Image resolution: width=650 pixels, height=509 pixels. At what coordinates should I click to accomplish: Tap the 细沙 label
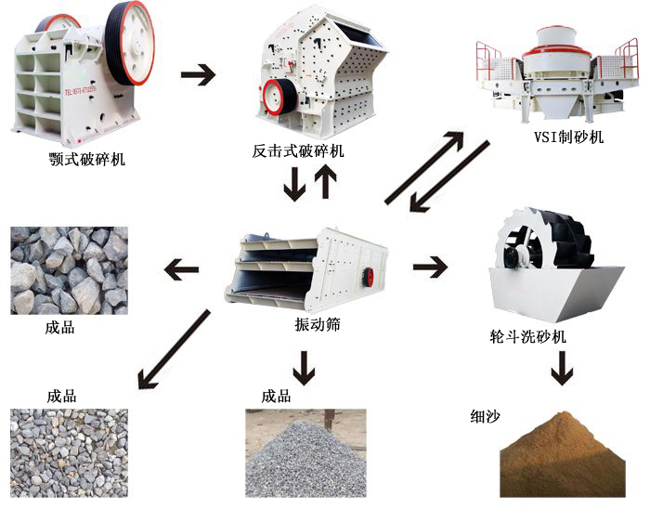tap(485, 415)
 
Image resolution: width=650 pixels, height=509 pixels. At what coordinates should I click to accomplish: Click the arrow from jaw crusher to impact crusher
tap(197, 75)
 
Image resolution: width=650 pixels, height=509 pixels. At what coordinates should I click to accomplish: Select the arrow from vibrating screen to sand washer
tap(430, 268)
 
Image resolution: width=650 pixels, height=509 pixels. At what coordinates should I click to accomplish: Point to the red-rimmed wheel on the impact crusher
tap(274, 96)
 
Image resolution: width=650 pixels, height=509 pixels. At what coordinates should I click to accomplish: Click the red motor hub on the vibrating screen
tap(368, 275)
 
